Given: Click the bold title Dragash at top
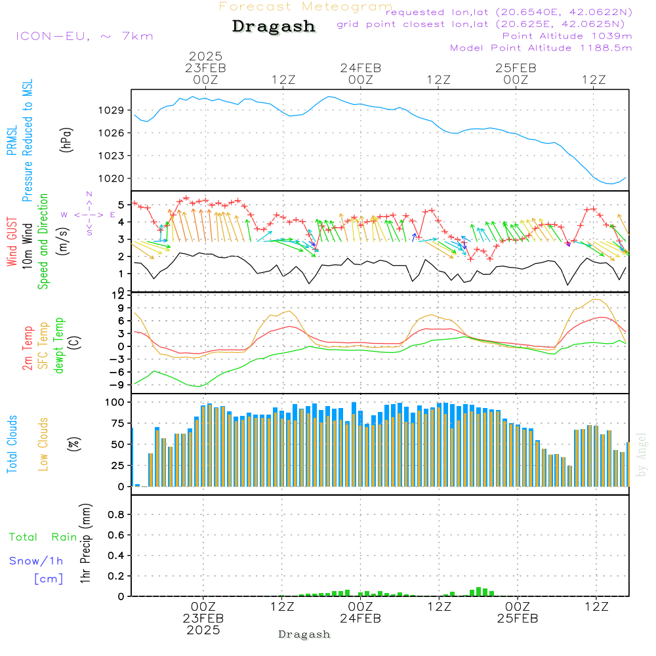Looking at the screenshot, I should coord(274,27).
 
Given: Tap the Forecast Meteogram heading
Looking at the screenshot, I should coord(306,7).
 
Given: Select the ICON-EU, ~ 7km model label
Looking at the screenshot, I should coord(84,36).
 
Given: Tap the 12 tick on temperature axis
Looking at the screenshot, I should coord(119,296).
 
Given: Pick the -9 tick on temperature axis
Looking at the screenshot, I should coord(118,384).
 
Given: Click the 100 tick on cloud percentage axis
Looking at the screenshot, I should coord(115,401).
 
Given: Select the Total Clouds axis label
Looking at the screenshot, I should coord(12,444).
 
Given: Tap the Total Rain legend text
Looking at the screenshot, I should coord(43,537).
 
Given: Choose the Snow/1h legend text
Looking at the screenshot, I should coord(36,561).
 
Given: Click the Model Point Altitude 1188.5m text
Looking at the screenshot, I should coord(541,48).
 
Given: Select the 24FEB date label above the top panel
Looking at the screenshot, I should coord(360,68).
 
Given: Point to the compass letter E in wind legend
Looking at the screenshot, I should coord(112,215).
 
